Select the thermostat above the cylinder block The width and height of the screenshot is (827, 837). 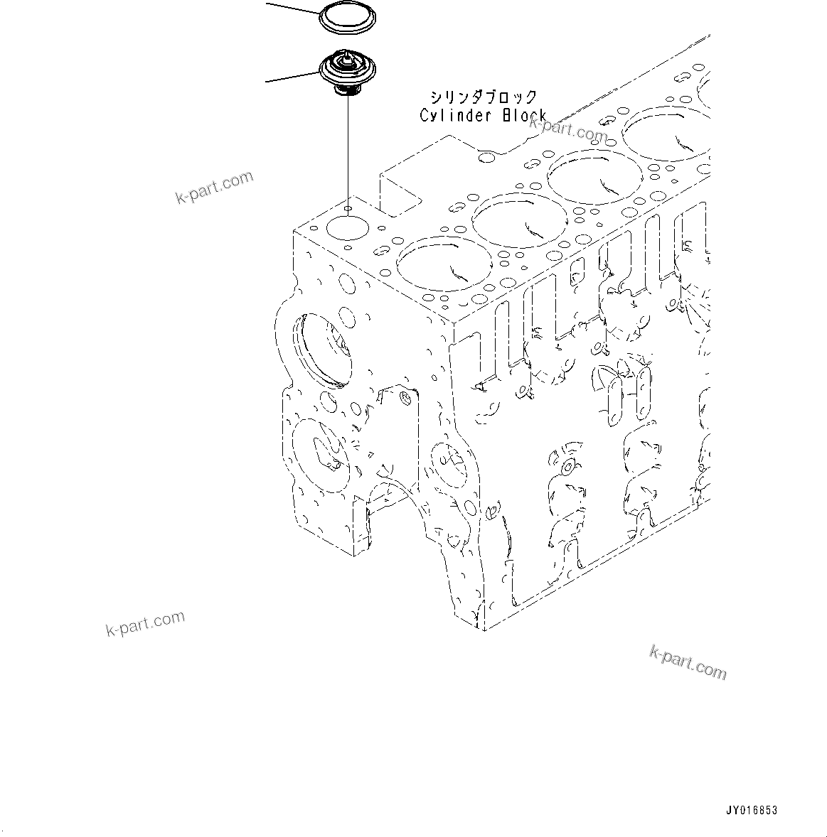tap(346, 71)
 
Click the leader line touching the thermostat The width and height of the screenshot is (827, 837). tap(292, 77)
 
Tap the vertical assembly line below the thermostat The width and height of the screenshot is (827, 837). tap(348, 149)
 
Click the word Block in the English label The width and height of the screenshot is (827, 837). tap(524, 115)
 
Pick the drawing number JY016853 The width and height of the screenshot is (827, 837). tap(752, 810)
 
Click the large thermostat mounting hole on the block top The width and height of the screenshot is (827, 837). tap(346, 229)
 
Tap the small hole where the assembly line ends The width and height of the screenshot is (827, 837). tap(348, 209)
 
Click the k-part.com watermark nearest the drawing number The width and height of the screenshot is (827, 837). tap(688, 661)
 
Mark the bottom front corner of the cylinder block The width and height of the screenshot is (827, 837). tap(484, 629)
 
